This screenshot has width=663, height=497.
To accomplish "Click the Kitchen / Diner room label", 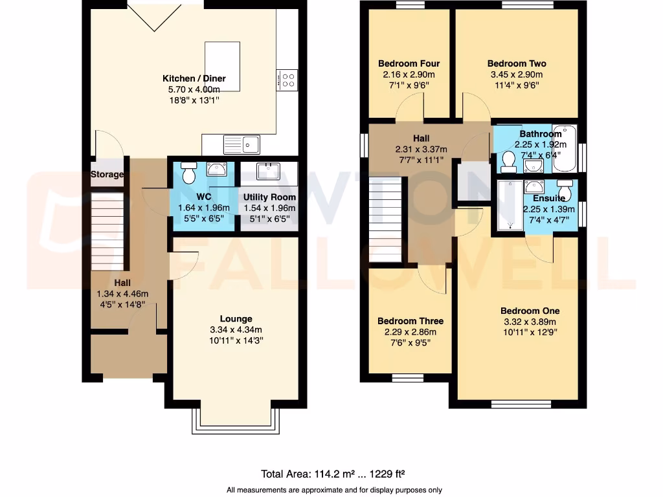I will coord(194,79).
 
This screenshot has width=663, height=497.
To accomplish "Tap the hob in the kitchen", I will coord(287,80).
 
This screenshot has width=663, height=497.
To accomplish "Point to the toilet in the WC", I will coord(189,173).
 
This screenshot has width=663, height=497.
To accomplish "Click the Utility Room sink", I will coord(267,171).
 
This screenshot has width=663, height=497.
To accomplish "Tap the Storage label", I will coord(107,175).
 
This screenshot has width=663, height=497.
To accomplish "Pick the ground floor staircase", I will coord(107,233).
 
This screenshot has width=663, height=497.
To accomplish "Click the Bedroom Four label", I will coord(409,63).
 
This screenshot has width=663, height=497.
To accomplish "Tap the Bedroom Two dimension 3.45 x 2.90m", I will coord(516,74).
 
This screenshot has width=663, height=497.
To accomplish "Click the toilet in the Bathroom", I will coord(508,160).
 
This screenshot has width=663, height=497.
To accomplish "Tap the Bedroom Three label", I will coord(410,321).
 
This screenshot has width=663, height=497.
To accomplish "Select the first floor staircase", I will coord(386,220).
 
